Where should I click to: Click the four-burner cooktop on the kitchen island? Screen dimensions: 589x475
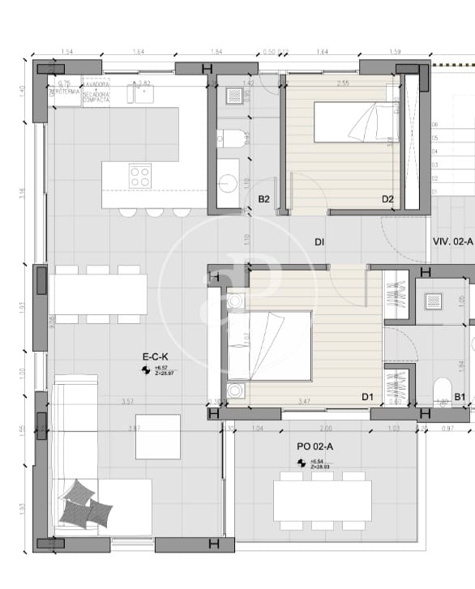click(139, 175)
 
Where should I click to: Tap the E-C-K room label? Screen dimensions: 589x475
click(155, 356)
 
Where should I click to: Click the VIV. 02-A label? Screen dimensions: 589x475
click(452, 241)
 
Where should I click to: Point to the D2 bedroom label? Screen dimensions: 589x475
click(387, 199)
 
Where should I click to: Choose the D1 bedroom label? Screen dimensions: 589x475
click(367, 397)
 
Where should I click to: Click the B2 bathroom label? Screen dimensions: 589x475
click(263, 199)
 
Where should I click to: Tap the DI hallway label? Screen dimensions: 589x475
click(320, 241)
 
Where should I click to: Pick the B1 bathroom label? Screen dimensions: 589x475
click(460, 397)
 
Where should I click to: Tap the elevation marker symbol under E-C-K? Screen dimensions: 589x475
click(145, 369)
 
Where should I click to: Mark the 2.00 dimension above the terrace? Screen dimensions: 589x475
click(325, 428)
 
